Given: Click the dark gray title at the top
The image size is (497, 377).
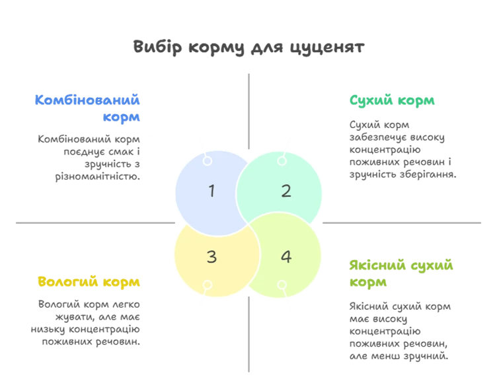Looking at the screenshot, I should coord(250,47).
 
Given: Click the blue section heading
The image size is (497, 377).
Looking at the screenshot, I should coord(89,107).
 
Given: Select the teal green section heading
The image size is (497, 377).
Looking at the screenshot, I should coord(393,101).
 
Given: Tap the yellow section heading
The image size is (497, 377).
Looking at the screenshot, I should coord(89,282).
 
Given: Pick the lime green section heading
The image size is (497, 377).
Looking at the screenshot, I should coord(401,274).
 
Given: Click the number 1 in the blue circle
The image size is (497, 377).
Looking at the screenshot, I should coord(211,191).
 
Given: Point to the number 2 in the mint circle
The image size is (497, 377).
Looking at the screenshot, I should coord(286,191).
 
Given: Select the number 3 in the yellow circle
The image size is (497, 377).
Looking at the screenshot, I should coord(211,256).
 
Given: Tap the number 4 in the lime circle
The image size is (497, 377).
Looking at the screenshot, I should coord(286,256).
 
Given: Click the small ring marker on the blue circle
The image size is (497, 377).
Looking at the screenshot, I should coord(208,160).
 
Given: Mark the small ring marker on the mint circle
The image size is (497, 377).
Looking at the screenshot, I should coord(282,160).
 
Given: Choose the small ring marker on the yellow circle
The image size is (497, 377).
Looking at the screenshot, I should coord(208,286).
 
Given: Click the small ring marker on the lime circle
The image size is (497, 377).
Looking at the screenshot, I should coord(282,286).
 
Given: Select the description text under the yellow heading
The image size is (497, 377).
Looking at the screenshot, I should coord(89,322).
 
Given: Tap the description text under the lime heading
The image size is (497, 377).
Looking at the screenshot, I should coord(401,332).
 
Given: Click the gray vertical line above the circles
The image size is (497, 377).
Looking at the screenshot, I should coord(249,109).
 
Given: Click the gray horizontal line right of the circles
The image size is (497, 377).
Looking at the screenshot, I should coord(402,224).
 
